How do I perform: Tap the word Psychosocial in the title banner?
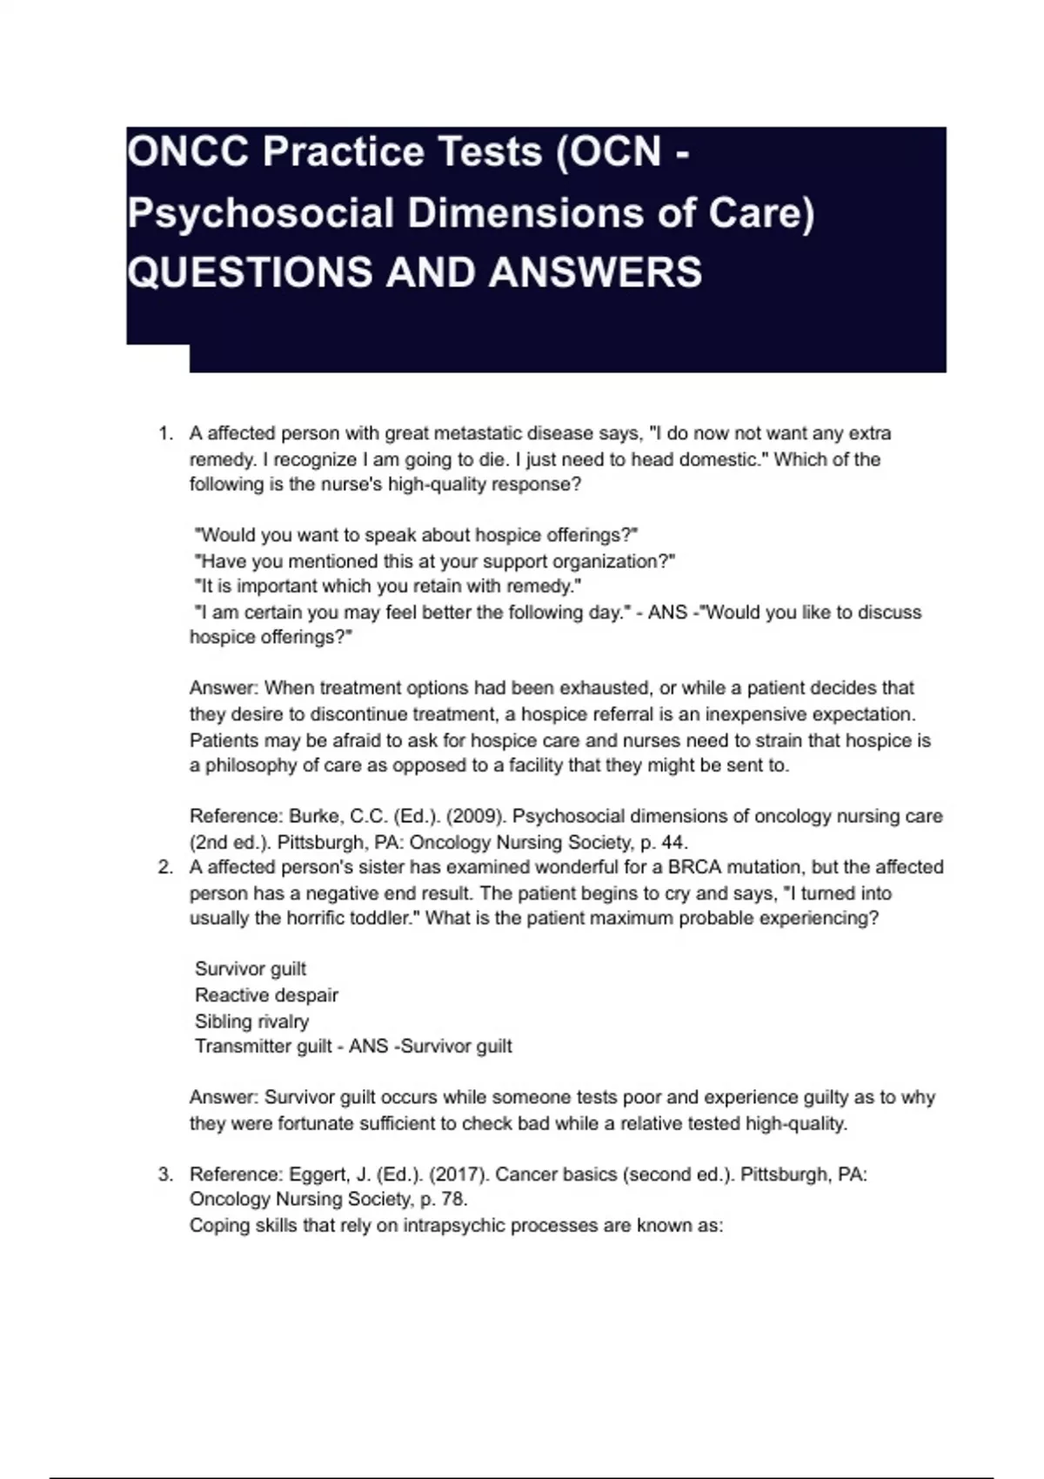[261, 214]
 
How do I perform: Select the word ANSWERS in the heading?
[595, 272]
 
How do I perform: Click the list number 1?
[164, 433]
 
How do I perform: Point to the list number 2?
[164, 867]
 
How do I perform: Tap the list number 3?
[164, 1174]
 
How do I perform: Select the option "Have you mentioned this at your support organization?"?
[435, 561]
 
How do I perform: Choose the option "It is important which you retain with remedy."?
[388, 586]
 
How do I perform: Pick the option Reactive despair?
[266, 995]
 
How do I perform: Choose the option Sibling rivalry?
[251, 1021]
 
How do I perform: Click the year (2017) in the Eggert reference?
[461, 1174]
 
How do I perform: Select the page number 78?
[454, 1200]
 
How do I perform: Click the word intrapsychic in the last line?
[453, 1226]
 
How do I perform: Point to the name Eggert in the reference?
[318, 1174]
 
